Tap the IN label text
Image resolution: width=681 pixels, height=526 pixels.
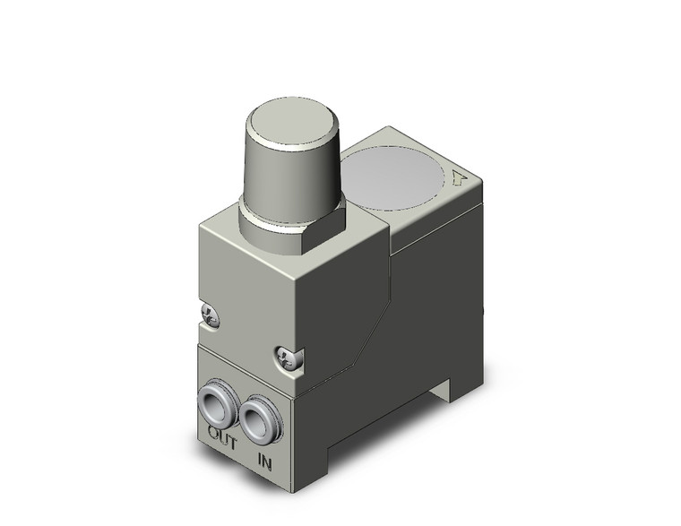[x=264, y=462]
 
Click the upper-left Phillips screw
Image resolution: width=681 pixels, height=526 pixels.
[x=211, y=314]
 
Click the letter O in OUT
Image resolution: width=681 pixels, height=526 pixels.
[x=211, y=432]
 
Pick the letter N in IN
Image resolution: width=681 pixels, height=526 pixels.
[x=267, y=463]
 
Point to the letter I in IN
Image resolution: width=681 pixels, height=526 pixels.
[x=259, y=461]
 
